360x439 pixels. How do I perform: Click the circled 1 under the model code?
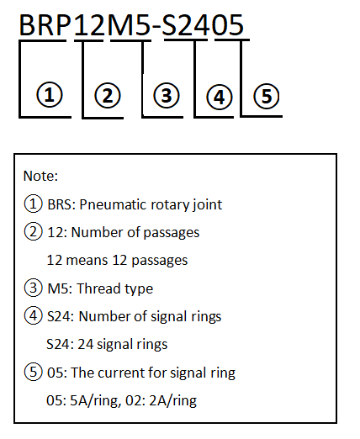(x=50, y=95)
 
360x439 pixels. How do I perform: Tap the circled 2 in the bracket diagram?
(x=108, y=96)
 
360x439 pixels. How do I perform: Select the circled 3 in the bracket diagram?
(x=167, y=96)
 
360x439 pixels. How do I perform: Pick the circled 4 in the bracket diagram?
(x=220, y=98)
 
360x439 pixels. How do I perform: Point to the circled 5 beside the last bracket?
(x=267, y=96)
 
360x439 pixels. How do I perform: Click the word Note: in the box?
(x=40, y=176)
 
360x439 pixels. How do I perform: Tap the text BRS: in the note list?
(x=61, y=204)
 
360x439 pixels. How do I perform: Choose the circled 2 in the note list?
(x=34, y=232)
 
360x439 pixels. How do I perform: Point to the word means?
(x=87, y=261)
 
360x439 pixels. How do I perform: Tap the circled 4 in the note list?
(x=34, y=316)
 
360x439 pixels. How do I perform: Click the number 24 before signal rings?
(x=86, y=345)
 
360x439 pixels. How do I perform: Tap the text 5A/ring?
(x=96, y=401)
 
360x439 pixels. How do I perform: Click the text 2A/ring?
(x=173, y=401)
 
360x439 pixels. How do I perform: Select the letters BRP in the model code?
(x=45, y=25)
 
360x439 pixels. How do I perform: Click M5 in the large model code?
(x=129, y=25)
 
